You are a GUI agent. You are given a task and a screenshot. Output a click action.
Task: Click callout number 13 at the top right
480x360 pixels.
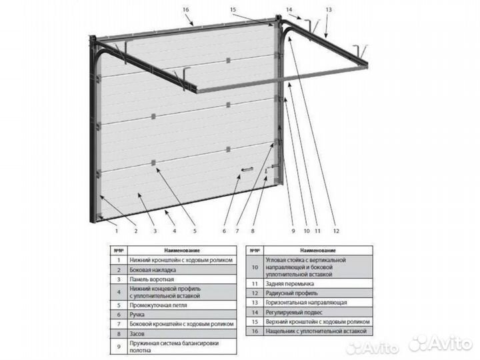328,10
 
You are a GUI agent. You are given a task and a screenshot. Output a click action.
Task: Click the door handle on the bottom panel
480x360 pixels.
247,171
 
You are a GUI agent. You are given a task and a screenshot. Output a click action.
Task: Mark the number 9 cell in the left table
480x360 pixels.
117,346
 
